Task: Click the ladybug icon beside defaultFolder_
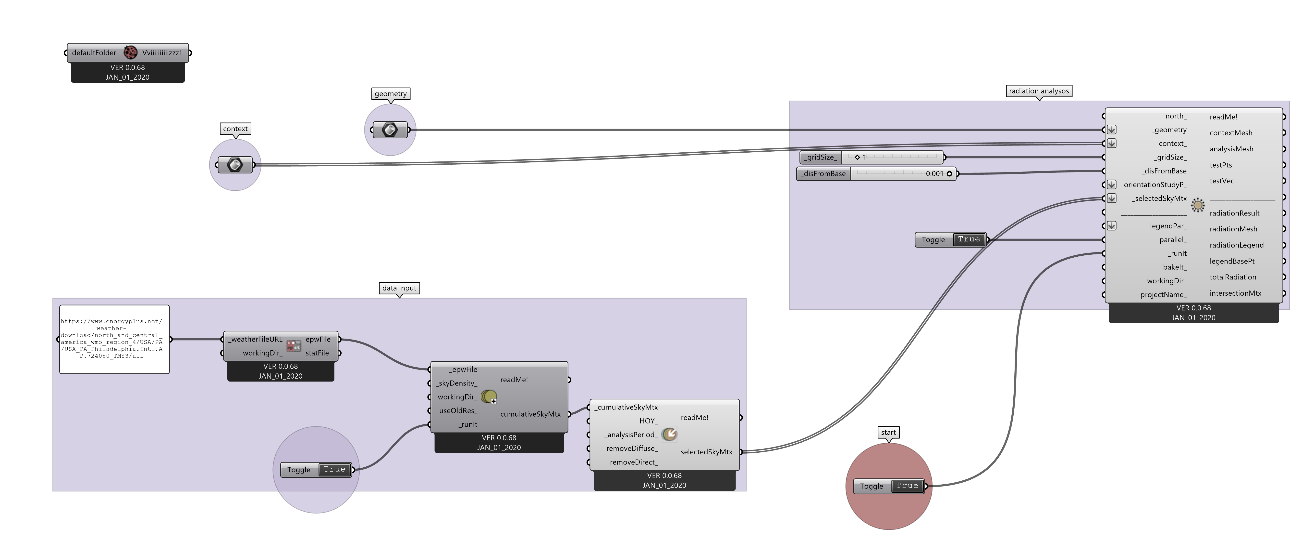pyautogui.click(x=131, y=52)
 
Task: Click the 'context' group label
pyautogui.click(x=235, y=129)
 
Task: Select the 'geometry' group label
pyautogui.click(x=391, y=93)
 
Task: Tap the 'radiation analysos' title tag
pyautogui.click(x=1039, y=91)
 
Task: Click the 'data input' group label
pyautogui.click(x=399, y=288)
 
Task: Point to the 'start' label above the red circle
pyautogui.click(x=888, y=433)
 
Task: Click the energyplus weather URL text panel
pyautogui.click(x=114, y=339)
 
